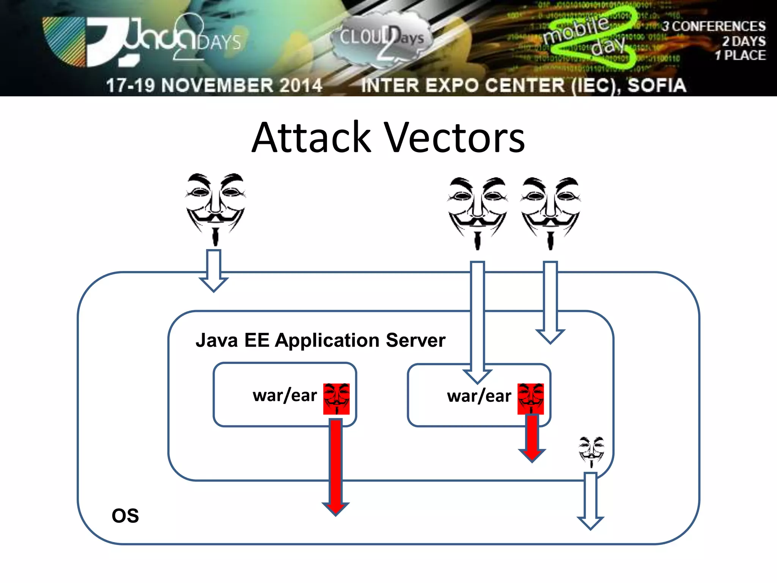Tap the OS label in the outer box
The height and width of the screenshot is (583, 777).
tap(125, 516)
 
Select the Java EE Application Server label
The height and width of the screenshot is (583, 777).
tap(321, 340)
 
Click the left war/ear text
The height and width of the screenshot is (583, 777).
tap(285, 395)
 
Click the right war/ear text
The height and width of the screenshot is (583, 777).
tap(479, 396)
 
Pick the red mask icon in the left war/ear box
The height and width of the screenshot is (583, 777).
tap(336, 399)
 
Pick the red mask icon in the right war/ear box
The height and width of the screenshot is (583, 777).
tap(530, 399)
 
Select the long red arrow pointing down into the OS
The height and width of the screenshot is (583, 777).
tap(336, 467)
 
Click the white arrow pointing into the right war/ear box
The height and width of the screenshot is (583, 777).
tap(477, 323)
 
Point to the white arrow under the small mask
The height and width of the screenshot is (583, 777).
tap(590, 501)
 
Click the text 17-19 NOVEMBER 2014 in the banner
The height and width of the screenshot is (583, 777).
tap(214, 85)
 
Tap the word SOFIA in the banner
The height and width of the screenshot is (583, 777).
tap(657, 85)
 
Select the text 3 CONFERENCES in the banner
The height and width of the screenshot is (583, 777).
tap(713, 26)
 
